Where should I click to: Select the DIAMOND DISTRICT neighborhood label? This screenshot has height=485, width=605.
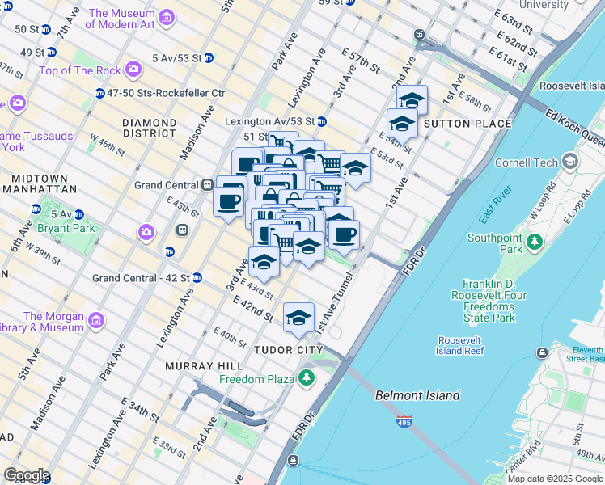[149, 128]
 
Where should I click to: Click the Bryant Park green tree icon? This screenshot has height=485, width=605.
[36, 209]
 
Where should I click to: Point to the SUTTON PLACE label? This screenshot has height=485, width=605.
[467, 124]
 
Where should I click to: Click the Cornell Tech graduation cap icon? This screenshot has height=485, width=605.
[571, 161]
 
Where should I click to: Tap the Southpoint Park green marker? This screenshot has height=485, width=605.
[534, 241]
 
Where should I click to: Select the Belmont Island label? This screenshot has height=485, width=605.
[417, 395]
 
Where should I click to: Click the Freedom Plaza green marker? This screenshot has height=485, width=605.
[307, 377]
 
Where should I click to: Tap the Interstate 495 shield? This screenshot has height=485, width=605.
[404, 422]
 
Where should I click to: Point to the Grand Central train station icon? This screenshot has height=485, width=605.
[207, 185]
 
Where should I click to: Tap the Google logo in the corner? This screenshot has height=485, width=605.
[26, 475]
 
